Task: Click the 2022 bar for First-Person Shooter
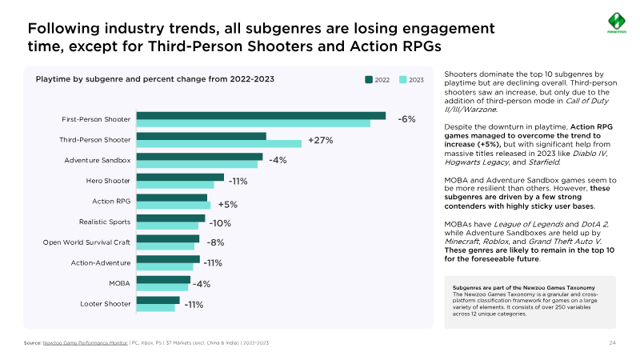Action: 261,116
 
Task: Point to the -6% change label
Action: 406,119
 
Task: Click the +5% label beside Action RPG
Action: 227,204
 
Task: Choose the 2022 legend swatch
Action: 370,80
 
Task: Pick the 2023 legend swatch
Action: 403,80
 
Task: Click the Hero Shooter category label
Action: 108,181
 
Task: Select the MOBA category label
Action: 119,283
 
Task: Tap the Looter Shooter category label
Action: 106,304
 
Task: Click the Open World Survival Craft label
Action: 86,242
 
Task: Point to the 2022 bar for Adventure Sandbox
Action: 199,157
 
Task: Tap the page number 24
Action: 613,342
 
